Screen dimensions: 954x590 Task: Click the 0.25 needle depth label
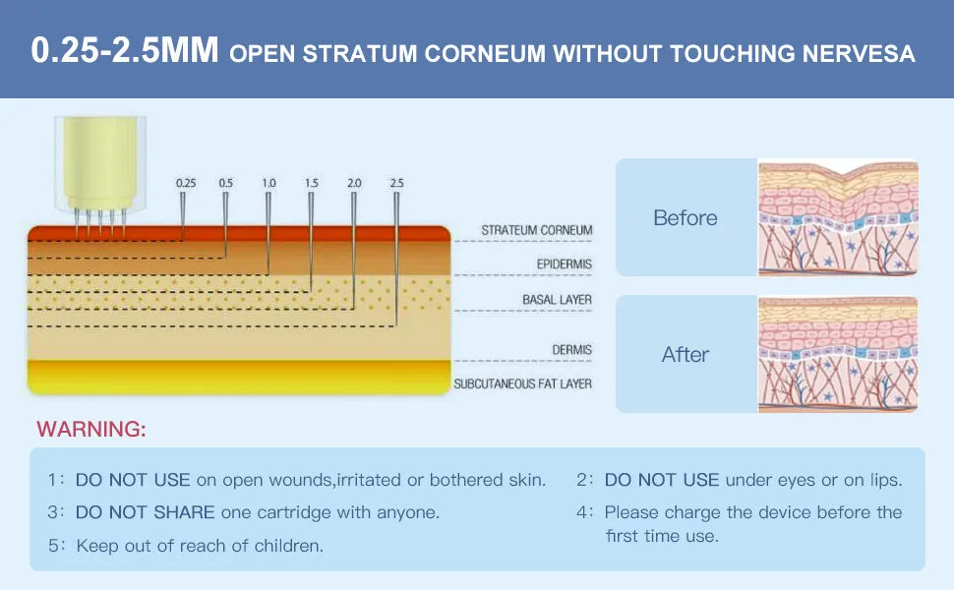pos(186,183)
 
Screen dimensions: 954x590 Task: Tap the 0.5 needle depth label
pos(226,183)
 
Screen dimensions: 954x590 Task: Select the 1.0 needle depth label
pos(268,183)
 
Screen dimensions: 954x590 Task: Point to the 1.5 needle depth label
pos(312,183)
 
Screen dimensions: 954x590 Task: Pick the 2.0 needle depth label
pos(354,183)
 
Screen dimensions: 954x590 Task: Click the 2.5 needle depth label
pos(396,183)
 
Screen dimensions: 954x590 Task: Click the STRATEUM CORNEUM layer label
pos(537,230)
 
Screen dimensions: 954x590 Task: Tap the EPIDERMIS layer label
pos(564,264)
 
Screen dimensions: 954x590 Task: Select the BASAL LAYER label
pos(557,300)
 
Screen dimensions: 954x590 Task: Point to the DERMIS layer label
pos(572,350)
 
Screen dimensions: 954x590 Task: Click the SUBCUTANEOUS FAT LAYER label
pos(522,383)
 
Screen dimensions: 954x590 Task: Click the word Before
pos(686,217)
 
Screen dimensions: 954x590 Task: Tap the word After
pos(686,355)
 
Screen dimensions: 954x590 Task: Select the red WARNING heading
pos(91,429)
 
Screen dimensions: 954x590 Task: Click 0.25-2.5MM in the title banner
pos(125,50)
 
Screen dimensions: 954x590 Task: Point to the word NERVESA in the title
pos(859,53)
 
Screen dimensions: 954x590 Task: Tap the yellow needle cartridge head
pos(100,164)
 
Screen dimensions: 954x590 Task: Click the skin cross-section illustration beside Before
pos(838,217)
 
